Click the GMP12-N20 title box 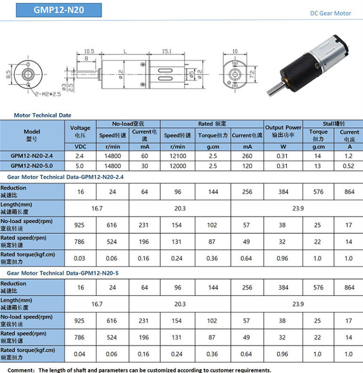pos(59,10)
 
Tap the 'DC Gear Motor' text pos(331,13)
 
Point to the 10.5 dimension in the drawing pos(89,51)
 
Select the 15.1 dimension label pos(167,51)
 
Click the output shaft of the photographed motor pos(275,92)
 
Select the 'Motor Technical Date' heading pos(42,115)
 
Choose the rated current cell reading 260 pos(248,156)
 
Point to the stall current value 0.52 pos(349,166)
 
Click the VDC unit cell pos(81,147)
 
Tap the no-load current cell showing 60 pos(145,156)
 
